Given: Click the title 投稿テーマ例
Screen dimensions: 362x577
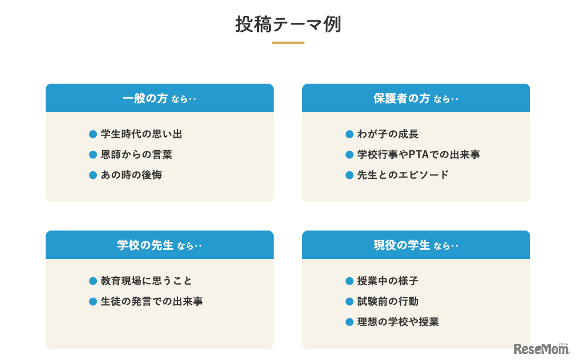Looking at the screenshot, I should tap(288, 24).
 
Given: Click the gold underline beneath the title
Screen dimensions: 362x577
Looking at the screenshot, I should tap(288, 43).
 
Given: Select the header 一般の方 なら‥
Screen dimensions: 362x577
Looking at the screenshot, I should tap(159, 98).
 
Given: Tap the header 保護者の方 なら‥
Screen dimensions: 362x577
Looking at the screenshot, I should tap(416, 98).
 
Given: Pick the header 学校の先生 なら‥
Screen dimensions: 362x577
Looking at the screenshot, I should tap(159, 245).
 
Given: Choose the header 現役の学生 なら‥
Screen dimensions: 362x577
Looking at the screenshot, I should tap(416, 245).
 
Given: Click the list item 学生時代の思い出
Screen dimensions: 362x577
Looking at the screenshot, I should tap(141, 134).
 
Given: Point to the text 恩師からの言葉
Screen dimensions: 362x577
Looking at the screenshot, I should tap(136, 155).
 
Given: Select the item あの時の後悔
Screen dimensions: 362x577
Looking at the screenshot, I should tap(131, 175).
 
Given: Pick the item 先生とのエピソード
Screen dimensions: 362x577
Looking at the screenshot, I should tap(403, 175).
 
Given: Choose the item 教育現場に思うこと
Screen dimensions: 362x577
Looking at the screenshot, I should tap(147, 281).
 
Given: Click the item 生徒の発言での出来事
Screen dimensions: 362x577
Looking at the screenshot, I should tap(152, 302).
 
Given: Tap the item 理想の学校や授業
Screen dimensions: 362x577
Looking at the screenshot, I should tap(398, 322).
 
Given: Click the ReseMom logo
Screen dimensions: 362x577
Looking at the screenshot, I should tap(541, 348).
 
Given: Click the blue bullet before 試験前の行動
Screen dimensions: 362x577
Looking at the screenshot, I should tap(350, 302).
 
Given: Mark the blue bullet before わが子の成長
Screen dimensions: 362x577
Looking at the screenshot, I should tap(350, 134).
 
